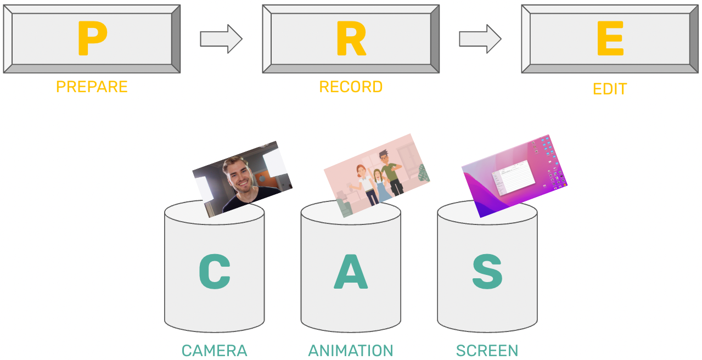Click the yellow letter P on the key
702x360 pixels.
pos(92,38)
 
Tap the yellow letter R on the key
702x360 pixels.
pos(351,38)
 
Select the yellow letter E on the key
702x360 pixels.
pos(610,38)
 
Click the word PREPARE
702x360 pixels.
pos(92,87)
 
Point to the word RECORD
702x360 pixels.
pos(351,87)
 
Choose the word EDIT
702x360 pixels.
pos(610,89)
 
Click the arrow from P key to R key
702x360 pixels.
pos(221,39)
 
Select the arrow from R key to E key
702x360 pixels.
pos(480,39)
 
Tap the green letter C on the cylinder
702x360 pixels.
pos(214,272)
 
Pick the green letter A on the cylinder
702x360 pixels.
pos(351,272)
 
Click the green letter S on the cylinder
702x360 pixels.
pos(487,272)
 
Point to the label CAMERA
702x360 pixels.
pos(214,351)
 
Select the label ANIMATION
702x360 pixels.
pos(351,351)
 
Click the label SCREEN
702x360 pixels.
pos(487,351)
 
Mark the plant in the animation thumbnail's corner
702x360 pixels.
pos(423,173)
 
